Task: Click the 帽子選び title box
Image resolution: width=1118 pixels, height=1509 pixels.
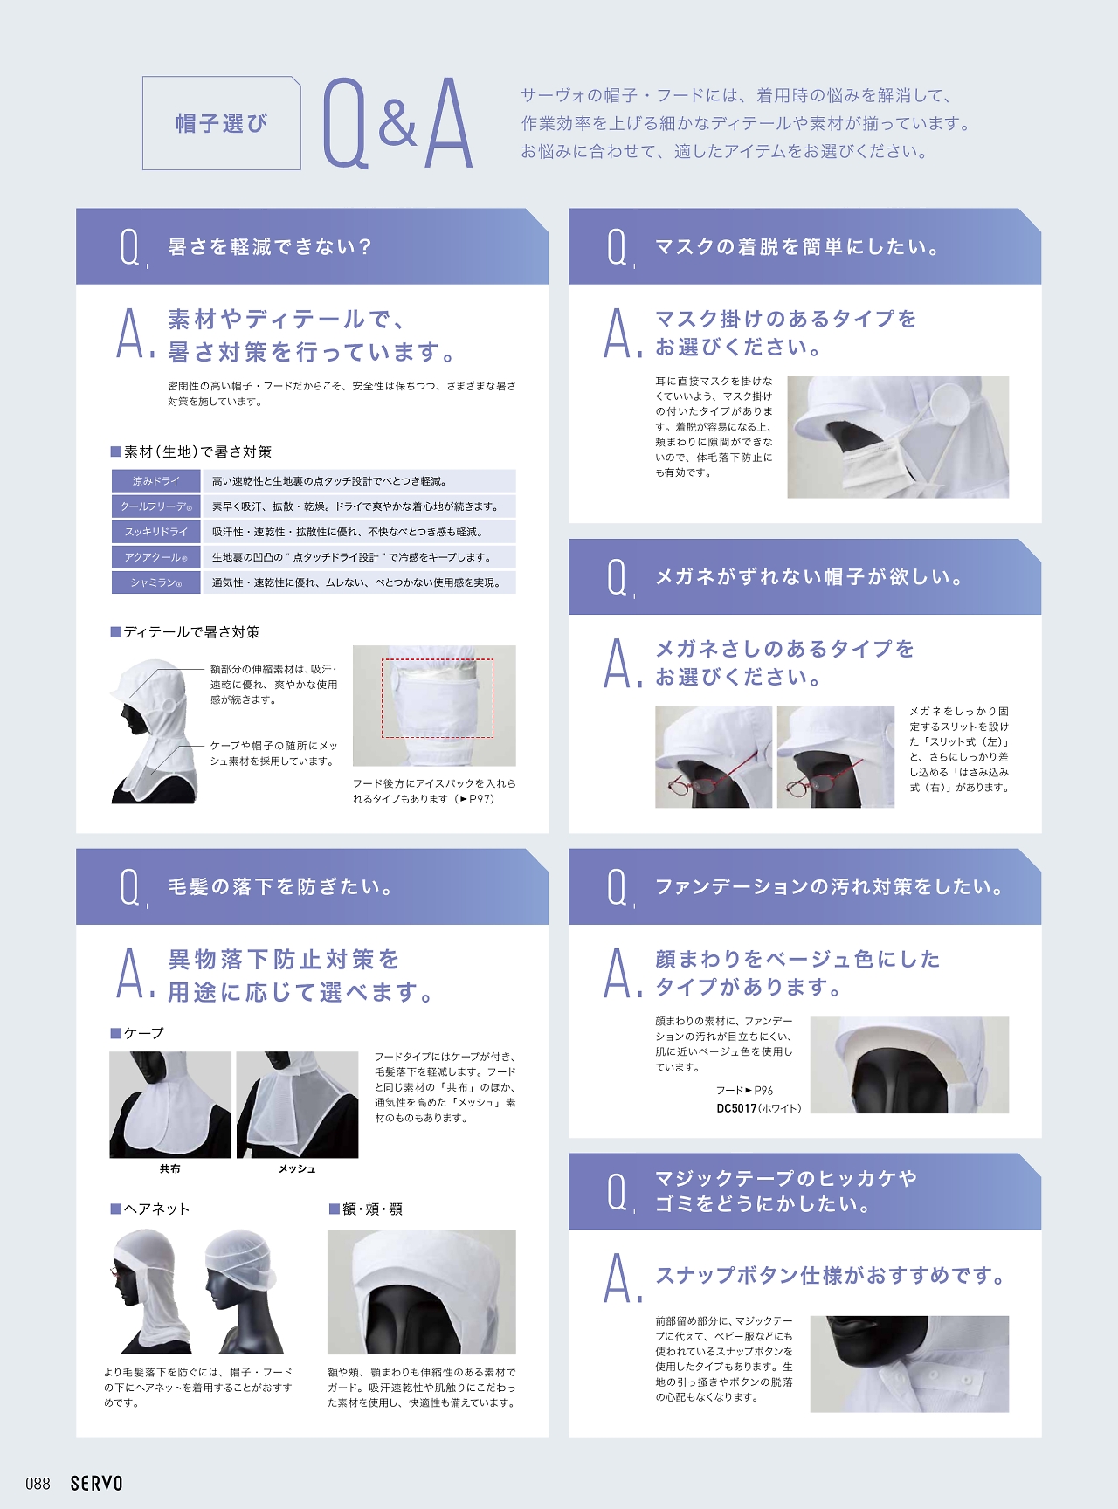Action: click(222, 123)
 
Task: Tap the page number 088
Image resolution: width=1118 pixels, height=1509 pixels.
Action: click(38, 1483)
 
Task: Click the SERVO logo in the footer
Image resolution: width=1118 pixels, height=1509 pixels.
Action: click(96, 1483)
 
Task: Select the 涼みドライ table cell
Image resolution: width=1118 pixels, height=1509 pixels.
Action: click(156, 481)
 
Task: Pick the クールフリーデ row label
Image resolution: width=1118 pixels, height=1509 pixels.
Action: click(156, 506)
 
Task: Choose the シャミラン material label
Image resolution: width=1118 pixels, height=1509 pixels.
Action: click(156, 582)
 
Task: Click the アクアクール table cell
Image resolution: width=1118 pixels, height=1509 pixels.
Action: click(156, 557)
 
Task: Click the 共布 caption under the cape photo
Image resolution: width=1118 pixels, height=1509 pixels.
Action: click(169, 1168)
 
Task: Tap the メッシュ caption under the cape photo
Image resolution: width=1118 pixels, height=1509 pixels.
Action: click(297, 1168)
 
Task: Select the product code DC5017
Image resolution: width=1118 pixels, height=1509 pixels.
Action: click(736, 1108)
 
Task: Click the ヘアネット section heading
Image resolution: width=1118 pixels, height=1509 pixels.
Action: click(149, 1209)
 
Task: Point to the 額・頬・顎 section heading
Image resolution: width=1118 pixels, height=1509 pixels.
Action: click(365, 1209)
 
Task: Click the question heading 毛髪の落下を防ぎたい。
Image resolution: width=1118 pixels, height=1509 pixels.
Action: click(281, 887)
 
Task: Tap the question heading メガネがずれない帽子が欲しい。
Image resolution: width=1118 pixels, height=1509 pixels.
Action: click(810, 577)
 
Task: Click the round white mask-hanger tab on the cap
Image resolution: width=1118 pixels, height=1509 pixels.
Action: click(950, 407)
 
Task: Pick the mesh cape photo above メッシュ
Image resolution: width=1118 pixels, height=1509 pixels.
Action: click(297, 1105)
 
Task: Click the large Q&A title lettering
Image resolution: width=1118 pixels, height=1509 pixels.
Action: click(398, 123)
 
